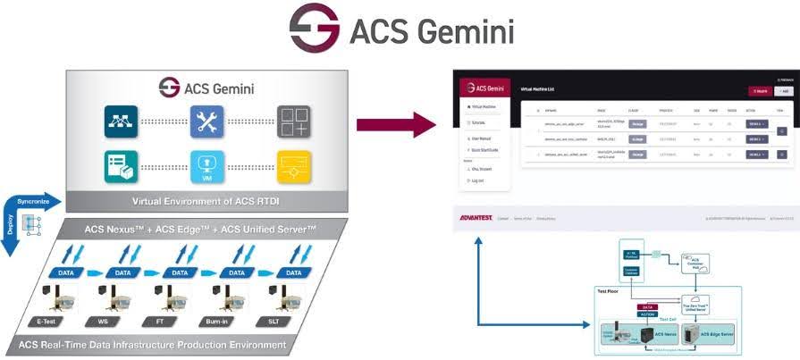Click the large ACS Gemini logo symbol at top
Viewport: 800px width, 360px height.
[x=314, y=28]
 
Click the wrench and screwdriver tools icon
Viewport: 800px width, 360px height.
[x=206, y=121]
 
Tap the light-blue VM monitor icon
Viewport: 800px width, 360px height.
[x=206, y=167]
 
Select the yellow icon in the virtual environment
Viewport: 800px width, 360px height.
[x=294, y=167]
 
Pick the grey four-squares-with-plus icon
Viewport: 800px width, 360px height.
[x=294, y=121]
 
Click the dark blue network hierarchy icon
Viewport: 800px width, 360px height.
[x=121, y=121]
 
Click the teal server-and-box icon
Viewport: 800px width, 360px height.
[x=121, y=167]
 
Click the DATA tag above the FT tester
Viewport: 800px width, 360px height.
[x=180, y=273]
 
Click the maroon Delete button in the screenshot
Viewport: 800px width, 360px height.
[x=760, y=91]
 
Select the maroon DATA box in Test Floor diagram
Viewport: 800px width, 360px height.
[x=646, y=304]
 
